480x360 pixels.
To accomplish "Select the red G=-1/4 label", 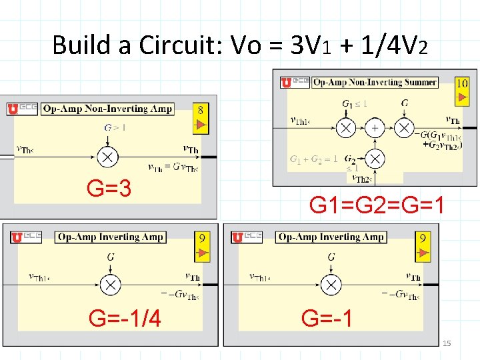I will point(125,319).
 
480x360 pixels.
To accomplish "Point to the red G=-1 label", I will point(327,318).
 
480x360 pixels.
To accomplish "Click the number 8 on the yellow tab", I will point(200,109).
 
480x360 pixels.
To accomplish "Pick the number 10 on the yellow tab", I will point(461,83).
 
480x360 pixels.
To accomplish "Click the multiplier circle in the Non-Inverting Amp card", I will point(107,157).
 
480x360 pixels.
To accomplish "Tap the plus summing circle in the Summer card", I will point(375,127).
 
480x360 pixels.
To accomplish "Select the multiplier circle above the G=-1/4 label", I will point(110,285).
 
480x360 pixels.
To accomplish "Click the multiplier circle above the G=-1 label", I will point(331,285).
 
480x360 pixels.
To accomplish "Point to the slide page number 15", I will point(447,343).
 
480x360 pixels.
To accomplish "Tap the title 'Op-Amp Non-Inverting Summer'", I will point(375,83).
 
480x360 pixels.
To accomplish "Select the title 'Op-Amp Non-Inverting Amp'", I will point(107,109).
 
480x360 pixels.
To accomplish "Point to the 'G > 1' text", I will point(115,127).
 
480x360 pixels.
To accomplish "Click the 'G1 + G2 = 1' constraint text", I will point(313,159).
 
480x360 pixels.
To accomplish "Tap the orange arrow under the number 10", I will point(461,97).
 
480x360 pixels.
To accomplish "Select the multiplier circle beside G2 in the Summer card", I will point(375,159).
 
